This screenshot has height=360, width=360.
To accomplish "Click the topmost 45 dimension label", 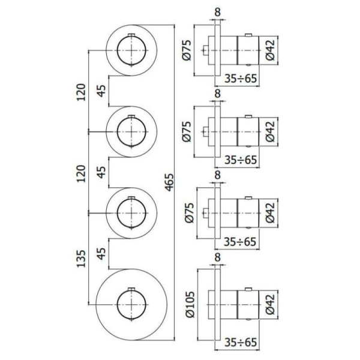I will pyautogui.click(x=102, y=91).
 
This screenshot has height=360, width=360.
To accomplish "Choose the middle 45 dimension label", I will pyautogui.click(x=102, y=172).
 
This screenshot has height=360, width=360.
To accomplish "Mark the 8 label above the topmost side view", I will pyautogui.click(x=217, y=10).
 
